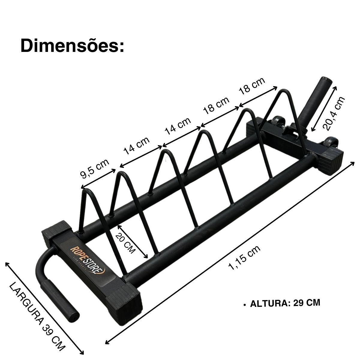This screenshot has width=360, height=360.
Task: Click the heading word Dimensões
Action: coord(72,46)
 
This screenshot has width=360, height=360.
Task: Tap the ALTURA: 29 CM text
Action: coord(285,303)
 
